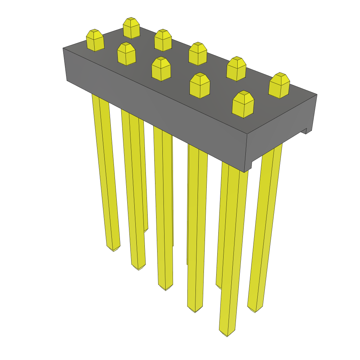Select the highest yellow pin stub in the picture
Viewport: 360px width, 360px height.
point(131,28)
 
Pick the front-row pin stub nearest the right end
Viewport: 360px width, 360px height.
point(243,104)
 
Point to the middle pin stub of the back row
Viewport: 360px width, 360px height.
point(198,53)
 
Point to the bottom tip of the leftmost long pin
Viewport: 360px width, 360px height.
point(114,249)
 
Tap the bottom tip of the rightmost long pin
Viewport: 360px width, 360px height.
point(255,309)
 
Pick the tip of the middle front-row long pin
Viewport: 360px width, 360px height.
point(165,288)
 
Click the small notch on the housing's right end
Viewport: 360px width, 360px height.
point(304,131)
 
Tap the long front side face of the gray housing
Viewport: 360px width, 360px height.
point(155,105)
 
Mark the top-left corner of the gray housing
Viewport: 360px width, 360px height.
point(63,48)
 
